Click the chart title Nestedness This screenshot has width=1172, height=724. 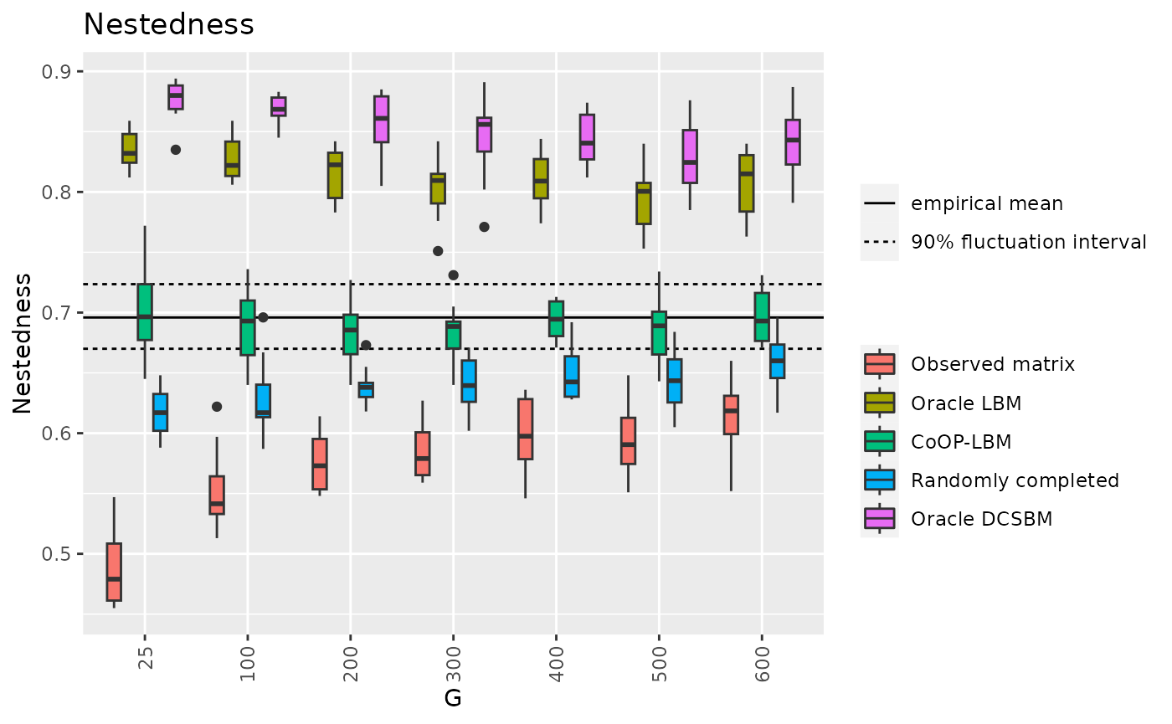pyautogui.click(x=168, y=25)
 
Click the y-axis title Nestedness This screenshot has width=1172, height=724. pyautogui.click(x=23, y=343)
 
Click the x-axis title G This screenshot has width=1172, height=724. pyautogui.click(x=453, y=697)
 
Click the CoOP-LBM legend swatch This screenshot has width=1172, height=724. pyautogui.click(x=879, y=441)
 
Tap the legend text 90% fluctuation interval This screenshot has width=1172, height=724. pyautogui.click(x=1029, y=243)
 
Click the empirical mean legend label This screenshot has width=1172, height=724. pyautogui.click(x=975, y=203)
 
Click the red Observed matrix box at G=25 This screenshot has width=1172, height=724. pyautogui.click(x=114, y=572)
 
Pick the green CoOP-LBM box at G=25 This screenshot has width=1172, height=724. pyautogui.click(x=145, y=312)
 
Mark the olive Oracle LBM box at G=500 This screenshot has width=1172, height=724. pyautogui.click(x=643, y=203)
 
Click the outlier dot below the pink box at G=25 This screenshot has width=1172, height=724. pyautogui.click(x=176, y=150)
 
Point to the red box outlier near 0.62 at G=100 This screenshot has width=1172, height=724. pyautogui.click(x=217, y=407)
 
